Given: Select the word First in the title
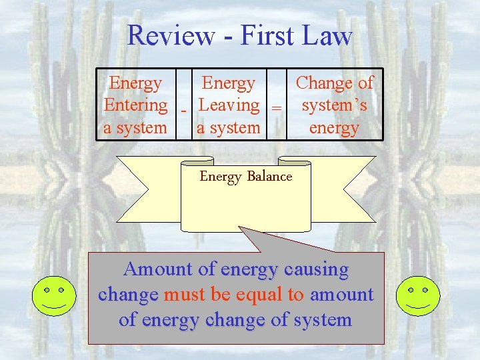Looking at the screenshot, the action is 264,35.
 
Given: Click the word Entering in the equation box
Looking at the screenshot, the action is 135,105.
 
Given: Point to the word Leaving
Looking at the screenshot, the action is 229,105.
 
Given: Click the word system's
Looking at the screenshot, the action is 334,105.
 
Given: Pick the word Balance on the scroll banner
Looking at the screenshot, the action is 269,176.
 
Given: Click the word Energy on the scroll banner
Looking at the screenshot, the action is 221,176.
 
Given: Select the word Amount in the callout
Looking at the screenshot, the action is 158,269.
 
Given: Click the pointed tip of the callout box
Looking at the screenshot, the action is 240,228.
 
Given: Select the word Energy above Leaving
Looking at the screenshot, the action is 228,83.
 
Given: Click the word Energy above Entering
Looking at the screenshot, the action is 135,83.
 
